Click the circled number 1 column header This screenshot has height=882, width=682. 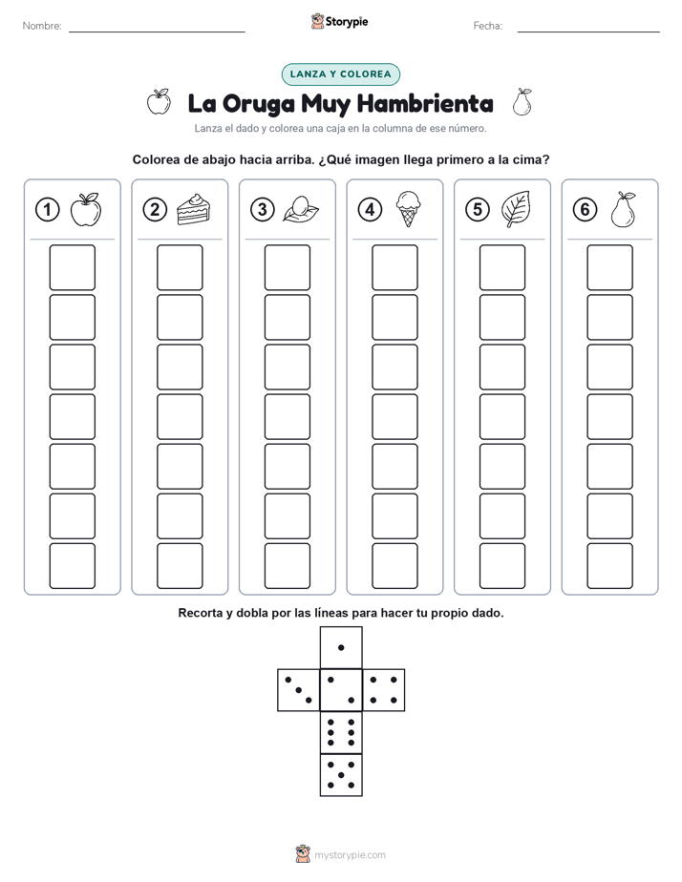click(x=47, y=210)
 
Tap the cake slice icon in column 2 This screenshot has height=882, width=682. click(x=193, y=209)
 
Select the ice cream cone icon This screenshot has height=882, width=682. click(x=408, y=209)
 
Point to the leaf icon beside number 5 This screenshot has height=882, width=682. click(x=516, y=209)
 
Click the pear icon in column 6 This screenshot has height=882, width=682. click(x=623, y=209)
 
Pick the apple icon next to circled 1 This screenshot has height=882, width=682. click(x=86, y=209)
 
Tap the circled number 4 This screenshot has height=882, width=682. click(x=370, y=210)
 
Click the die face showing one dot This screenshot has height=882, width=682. click(x=341, y=648)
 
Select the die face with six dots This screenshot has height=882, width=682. click(x=341, y=732)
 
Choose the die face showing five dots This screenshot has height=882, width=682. click(x=341, y=775)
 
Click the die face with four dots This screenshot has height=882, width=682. click(x=384, y=690)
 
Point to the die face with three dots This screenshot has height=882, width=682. click(x=299, y=690)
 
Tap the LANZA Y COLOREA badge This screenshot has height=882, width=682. click(x=340, y=74)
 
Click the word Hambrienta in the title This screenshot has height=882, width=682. click(x=425, y=103)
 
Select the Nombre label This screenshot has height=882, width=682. click(x=42, y=26)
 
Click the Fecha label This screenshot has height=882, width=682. click(x=488, y=26)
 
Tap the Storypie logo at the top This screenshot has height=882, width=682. click(x=339, y=22)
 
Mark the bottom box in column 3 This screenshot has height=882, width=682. click(x=287, y=566)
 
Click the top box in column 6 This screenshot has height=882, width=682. click(x=609, y=267)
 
